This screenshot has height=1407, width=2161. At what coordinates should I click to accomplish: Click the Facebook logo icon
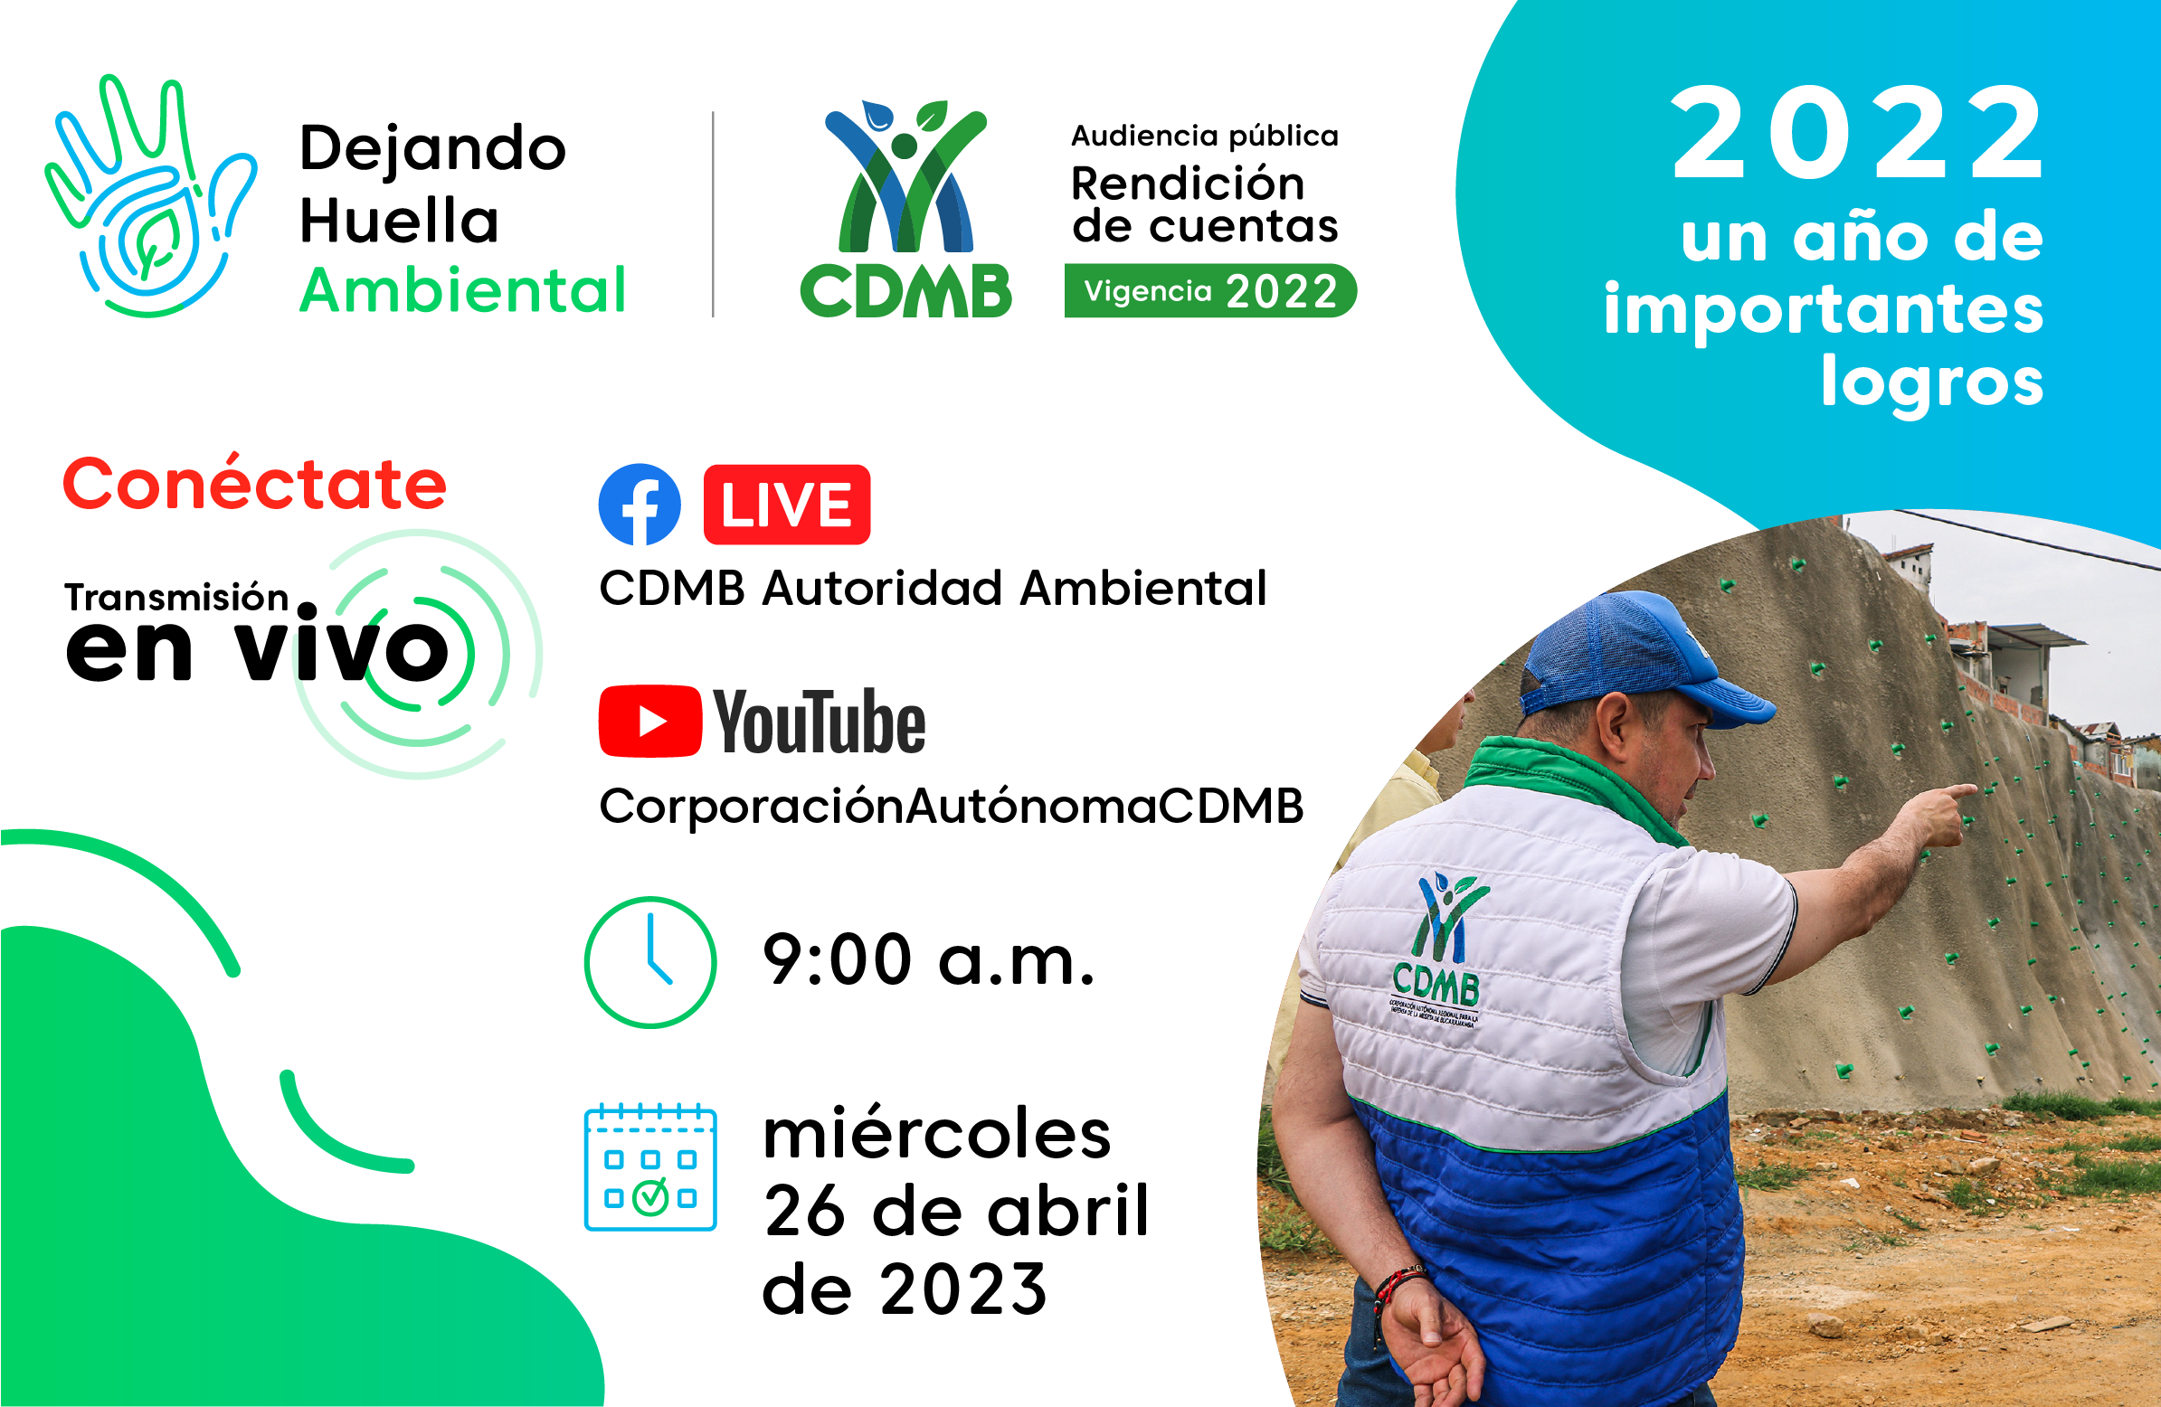tap(640, 505)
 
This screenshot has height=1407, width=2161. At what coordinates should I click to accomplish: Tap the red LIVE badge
tap(786, 505)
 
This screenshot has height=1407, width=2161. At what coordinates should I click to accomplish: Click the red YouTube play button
tap(650, 722)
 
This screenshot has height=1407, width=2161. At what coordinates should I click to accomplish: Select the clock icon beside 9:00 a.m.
tap(650, 962)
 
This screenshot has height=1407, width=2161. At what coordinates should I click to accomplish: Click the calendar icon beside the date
tap(650, 1169)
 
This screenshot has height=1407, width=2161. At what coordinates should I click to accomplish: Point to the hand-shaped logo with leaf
tap(150, 200)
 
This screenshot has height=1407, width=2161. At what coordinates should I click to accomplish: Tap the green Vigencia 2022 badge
tap(1209, 291)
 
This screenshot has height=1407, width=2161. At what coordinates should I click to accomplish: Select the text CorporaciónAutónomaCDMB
tap(951, 806)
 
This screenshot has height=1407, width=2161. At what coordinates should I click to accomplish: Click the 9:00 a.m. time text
tap(928, 960)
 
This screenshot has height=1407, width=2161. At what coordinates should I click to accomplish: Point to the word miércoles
tap(936, 1135)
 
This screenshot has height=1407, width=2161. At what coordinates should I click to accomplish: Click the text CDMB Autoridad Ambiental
tap(933, 589)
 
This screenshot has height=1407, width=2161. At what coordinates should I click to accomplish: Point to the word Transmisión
tap(176, 598)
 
